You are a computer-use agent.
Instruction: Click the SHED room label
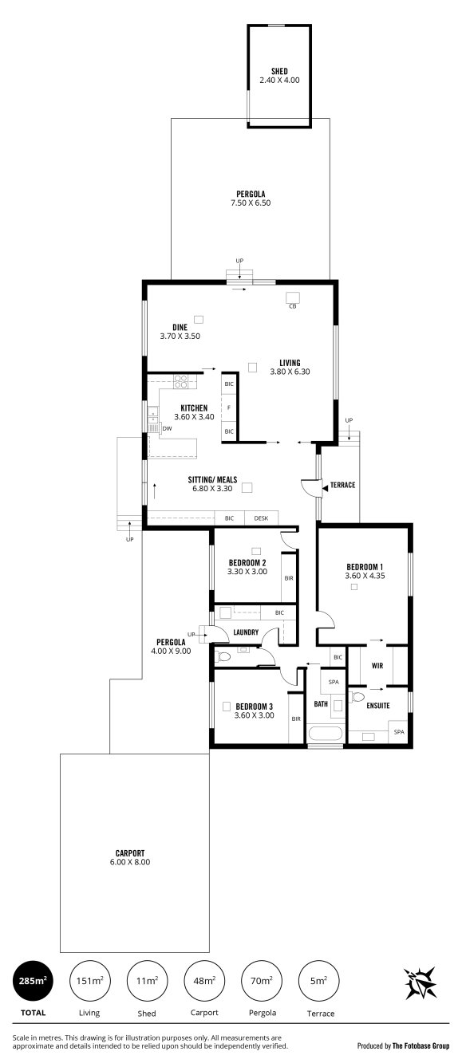click(279, 71)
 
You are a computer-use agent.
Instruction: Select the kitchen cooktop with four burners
click(180, 381)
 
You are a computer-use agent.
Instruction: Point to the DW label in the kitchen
click(167, 428)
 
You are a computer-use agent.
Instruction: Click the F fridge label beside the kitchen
click(229, 407)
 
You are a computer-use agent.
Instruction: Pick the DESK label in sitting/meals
click(261, 518)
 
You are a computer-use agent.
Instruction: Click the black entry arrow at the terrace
click(326, 487)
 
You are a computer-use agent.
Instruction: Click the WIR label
click(377, 666)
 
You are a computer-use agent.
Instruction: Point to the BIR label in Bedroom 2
click(289, 578)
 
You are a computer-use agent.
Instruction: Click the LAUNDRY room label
click(246, 632)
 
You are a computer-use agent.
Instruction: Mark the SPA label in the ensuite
click(399, 732)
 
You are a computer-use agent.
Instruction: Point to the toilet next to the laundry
click(223, 657)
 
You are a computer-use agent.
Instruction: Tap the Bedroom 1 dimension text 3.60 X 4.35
click(365, 576)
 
